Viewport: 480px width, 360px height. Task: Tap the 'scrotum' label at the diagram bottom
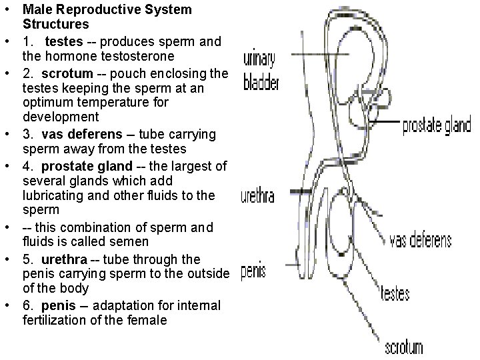click(405, 347)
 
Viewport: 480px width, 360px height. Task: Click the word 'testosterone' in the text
click(137, 56)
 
